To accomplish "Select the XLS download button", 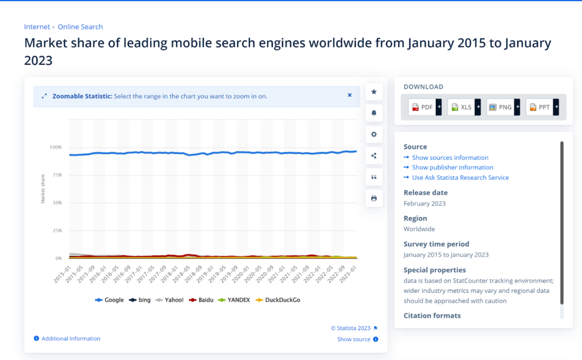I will [x=462, y=107].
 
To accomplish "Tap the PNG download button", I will [x=501, y=107].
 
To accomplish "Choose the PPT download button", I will [x=540, y=107].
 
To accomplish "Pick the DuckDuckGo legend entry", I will [x=280, y=300].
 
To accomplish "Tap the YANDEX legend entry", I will [x=234, y=300].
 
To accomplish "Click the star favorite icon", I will [x=374, y=92].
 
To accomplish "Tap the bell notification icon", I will [x=374, y=113].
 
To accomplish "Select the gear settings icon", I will [x=374, y=134].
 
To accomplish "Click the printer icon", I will [x=374, y=198].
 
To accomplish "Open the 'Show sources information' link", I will [x=450, y=158].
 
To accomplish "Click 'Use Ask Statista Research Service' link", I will [x=460, y=177].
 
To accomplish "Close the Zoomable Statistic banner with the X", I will [x=350, y=96].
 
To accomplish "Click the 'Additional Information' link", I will [x=70, y=338].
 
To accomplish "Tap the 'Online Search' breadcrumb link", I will [x=80, y=27].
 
